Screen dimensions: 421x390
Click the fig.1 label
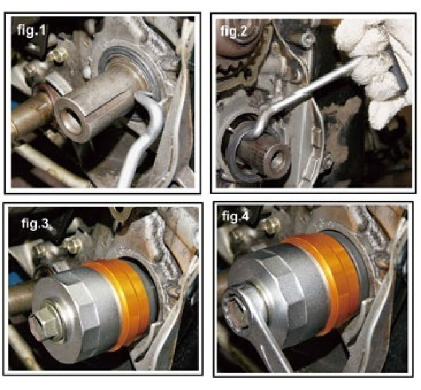31,30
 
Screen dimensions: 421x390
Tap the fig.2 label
234,32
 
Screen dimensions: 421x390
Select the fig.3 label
35,223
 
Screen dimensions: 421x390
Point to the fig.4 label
235,216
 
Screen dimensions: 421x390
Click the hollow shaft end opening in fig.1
71,121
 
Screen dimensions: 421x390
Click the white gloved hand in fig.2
376,67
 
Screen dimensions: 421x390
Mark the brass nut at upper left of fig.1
58,54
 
